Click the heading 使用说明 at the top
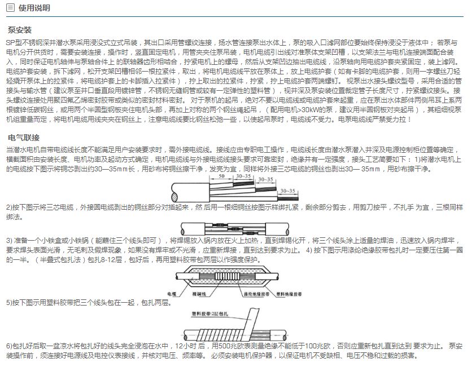pyautogui.click(x=34, y=8)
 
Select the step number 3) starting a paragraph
pyautogui.click(x=9, y=241)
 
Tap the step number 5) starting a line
pyautogui.click(x=9, y=303)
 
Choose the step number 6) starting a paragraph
pyautogui.click(x=9, y=346)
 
